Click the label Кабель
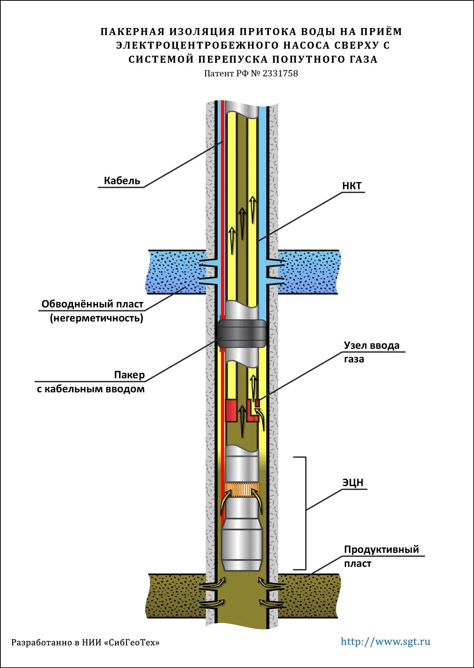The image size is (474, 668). pyautogui.click(x=122, y=180)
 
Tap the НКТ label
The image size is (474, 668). pyautogui.click(x=352, y=186)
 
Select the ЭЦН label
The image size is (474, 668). pyautogui.click(x=353, y=482)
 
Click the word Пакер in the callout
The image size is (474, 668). pyautogui.click(x=129, y=375)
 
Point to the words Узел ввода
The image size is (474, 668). pyautogui.click(x=371, y=345)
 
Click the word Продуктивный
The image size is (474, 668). pyautogui.click(x=381, y=550)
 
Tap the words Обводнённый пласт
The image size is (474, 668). pyautogui.click(x=92, y=304)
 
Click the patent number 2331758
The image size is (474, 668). pyautogui.click(x=280, y=73)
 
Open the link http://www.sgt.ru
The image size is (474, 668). pyautogui.click(x=385, y=641)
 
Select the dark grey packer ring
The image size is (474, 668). pyautogui.click(x=242, y=334)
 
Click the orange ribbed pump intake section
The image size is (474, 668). pyautogui.click(x=242, y=490)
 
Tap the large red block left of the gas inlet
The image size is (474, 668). pyautogui.click(x=231, y=410)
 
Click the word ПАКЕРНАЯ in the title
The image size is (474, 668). pyautogui.click(x=132, y=32)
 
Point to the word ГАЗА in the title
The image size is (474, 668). pyautogui.click(x=363, y=59)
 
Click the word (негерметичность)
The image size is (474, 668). pyautogui.click(x=97, y=318)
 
